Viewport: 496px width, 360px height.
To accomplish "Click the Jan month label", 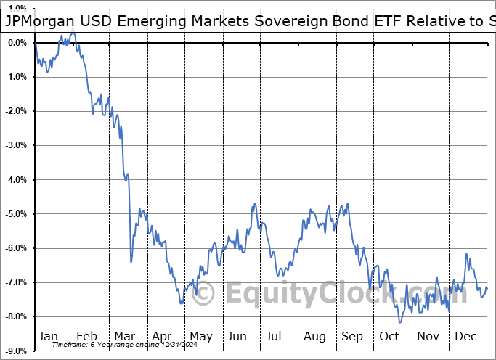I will (48, 336).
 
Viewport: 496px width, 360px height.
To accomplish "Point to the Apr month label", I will (161, 336).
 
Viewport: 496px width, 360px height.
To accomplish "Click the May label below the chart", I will (200, 336).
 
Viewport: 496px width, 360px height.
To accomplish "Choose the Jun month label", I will (237, 336).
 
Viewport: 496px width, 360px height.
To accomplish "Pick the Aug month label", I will (314, 336).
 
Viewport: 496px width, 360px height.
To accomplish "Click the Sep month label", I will (352, 336).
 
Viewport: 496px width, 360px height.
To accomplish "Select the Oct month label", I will (390, 336).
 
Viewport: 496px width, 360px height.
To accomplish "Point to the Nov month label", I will (428, 336).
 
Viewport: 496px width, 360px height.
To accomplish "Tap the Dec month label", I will (465, 336).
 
